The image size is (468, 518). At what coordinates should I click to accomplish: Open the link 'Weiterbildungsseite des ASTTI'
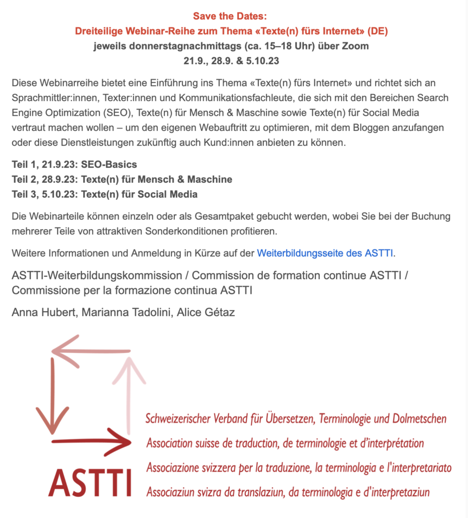coord(325,253)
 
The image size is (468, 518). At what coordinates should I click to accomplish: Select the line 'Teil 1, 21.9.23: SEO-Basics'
coord(74,165)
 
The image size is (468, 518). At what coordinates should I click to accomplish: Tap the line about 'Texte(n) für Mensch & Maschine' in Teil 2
coord(122,180)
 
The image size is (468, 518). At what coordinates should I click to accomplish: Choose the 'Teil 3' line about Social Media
coord(105,194)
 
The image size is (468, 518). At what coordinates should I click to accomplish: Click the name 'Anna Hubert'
coord(42,313)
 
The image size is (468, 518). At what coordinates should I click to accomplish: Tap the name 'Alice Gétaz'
coord(206,313)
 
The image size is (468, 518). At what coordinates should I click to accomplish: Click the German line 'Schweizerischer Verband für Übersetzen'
coord(296,419)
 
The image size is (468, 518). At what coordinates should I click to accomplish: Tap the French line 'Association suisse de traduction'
coord(285,444)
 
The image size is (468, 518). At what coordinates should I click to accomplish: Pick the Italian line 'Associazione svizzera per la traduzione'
coord(298,467)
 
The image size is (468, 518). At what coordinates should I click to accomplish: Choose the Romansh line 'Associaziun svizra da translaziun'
coord(288,491)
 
